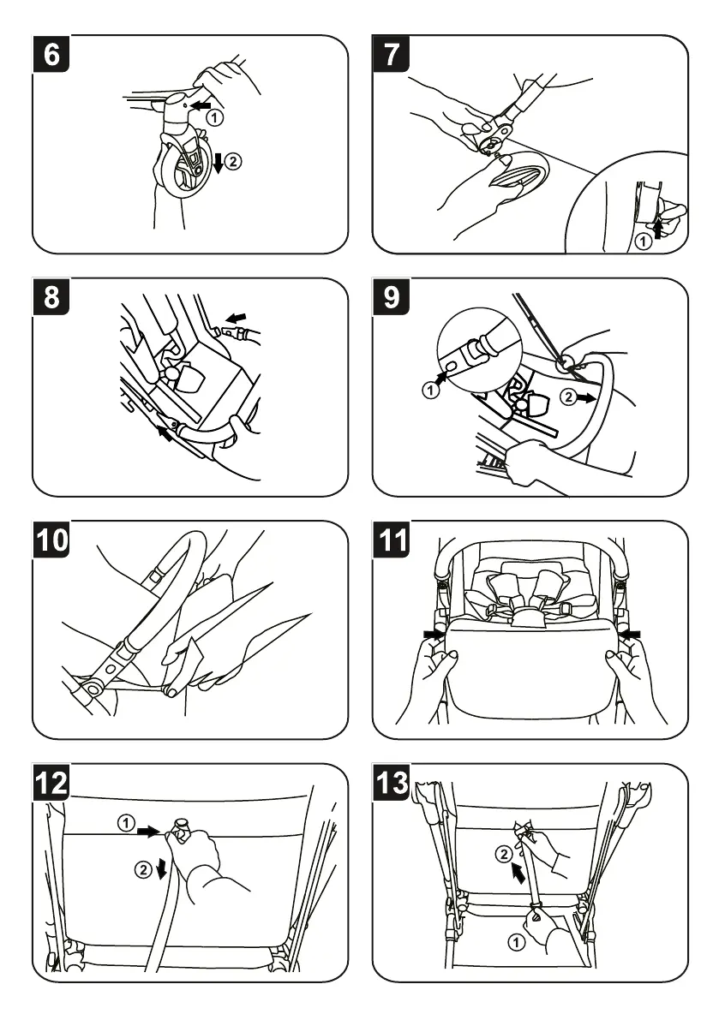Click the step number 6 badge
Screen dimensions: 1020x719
click(x=52, y=54)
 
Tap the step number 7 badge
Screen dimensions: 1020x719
click(x=392, y=54)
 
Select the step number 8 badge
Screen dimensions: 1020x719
click(x=52, y=297)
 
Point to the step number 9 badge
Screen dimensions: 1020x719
click(x=392, y=297)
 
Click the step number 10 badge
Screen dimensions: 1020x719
click(x=52, y=540)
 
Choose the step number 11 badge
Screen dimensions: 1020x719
click(x=392, y=540)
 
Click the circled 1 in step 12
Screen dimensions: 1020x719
click(x=126, y=824)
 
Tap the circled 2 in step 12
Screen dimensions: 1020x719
click(x=143, y=869)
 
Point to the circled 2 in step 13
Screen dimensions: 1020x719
click(x=505, y=853)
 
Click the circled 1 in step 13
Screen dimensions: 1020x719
click(x=516, y=943)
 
